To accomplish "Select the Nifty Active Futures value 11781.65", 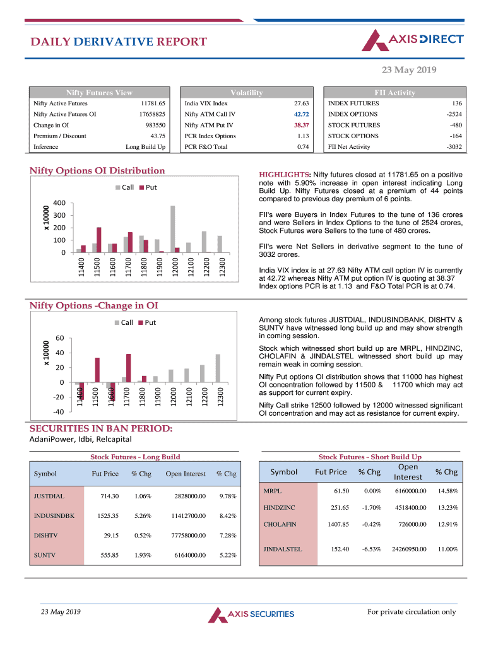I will click(153, 103).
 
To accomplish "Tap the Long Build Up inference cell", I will click(146, 147).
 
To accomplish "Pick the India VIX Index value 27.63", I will click(301, 103).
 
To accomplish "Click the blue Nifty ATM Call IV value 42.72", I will click(301, 114).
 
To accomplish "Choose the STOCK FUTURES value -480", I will click(454, 125).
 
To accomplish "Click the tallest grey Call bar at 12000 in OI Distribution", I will click(173, 229).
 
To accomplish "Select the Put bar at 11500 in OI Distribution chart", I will click(99, 240).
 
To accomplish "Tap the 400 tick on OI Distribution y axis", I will click(59, 203).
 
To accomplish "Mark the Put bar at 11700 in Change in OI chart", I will click(129, 368).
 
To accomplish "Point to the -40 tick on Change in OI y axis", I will click(58, 412).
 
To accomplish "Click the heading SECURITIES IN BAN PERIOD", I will click(101, 428).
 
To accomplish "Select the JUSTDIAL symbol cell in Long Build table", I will click(49, 496).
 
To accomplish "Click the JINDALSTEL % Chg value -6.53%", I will click(371, 549).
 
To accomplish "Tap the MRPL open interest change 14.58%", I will click(447, 491).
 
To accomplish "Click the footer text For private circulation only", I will click(411, 612).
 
